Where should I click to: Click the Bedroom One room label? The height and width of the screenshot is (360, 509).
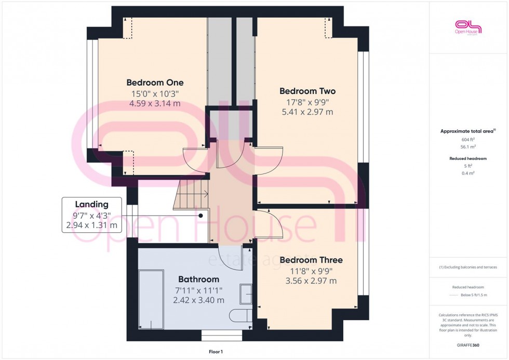[x=155, y=83]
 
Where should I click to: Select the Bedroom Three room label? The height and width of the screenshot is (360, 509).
[x=311, y=260]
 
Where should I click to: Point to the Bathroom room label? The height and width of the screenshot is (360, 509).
[x=199, y=279]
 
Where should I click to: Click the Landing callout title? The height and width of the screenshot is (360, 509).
[x=91, y=205]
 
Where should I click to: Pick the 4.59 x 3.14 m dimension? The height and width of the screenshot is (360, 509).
[x=155, y=103]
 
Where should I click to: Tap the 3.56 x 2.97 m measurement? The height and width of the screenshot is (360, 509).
[x=311, y=281]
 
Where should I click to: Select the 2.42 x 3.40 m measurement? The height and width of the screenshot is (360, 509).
[x=199, y=300]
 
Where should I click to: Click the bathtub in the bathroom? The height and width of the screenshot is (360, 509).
[x=151, y=299]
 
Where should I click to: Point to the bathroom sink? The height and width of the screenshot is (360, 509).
[x=246, y=294]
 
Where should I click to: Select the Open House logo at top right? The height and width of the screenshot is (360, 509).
[x=468, y=27]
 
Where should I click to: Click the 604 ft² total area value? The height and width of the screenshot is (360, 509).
[x=468, y=140]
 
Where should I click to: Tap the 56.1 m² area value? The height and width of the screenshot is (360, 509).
[x=468, y=146]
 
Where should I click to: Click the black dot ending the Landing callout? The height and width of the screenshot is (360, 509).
[x=200, y=215]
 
